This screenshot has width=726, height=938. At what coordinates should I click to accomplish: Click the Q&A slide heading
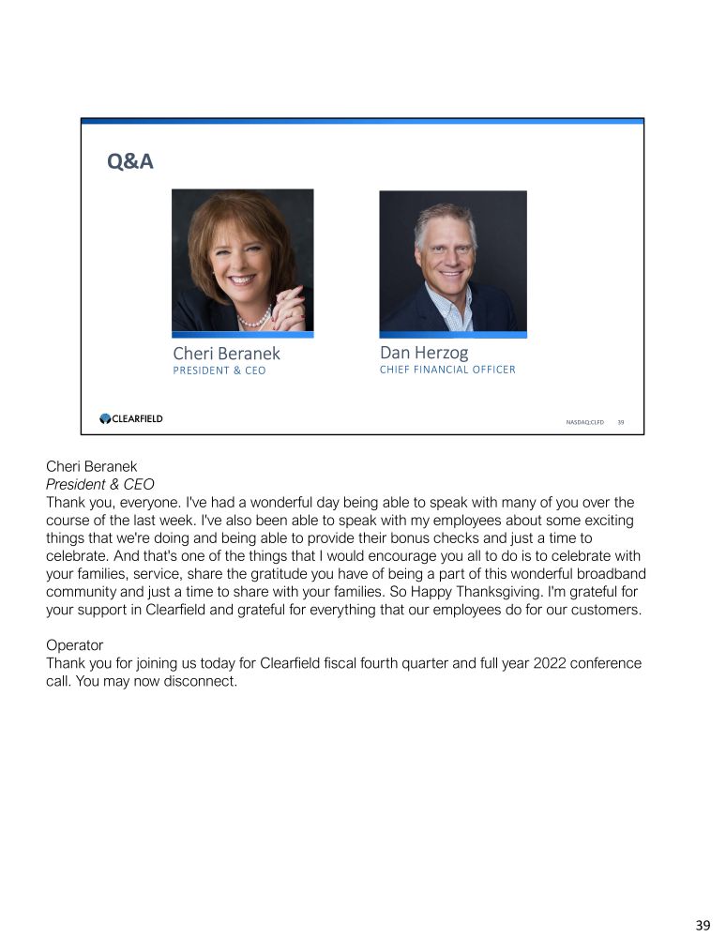click(x=130, y=162)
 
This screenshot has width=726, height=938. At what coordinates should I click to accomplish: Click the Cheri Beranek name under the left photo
click(x=226, y=354)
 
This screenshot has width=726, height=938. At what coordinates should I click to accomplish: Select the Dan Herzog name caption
click(x=423, y=353)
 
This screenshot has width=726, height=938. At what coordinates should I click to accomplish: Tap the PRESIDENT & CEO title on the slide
click(x=219, y=371)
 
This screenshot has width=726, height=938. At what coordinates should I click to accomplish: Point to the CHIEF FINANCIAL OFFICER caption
click(x=447, y=370)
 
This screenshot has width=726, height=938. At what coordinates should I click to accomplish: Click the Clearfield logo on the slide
click(x=131, y=419)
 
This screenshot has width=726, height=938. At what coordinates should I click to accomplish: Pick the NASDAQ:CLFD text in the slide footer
click(x=584, y=422)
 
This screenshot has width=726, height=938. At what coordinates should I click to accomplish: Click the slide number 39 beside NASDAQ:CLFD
click(x=620, y=422)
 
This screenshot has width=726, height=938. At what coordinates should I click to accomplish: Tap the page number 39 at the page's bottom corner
click(x=703, y=925)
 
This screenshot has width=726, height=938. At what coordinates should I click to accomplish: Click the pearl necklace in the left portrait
click(x=251, y=320)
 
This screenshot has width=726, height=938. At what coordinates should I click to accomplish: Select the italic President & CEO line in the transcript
click(x=99, y=485)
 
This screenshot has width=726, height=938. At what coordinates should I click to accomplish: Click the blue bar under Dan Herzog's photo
click(x=453, y=335)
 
